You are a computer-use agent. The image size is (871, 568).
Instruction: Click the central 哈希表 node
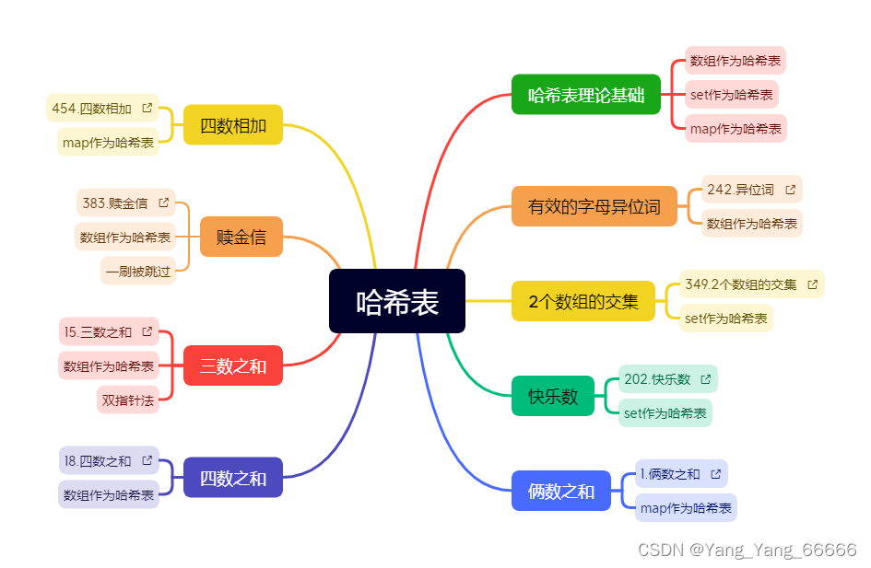[397, 301]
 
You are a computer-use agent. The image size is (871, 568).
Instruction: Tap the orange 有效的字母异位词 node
[594, 206]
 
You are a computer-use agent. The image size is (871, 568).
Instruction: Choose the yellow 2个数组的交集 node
[583, 301]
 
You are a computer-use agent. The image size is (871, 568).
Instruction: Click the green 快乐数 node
[553, 396]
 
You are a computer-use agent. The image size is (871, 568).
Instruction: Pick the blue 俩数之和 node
[560, 491]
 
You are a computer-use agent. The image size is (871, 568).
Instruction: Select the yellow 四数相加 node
[233, 125]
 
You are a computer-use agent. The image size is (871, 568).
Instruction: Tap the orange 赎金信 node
[241, 237]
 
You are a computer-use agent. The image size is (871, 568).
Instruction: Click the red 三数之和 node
[233, 365]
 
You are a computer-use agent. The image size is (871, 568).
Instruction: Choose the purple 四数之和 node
[233, 478]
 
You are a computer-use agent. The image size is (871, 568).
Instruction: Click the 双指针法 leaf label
[128, 400]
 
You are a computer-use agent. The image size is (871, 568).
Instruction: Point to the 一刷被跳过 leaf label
[138, 272]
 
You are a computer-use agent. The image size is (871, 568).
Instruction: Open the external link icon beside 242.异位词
[790, 190]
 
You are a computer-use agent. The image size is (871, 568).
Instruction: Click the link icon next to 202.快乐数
[706, 379]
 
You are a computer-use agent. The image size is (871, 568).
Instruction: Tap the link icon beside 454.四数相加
[147, 108]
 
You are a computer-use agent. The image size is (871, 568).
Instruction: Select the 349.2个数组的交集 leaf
[741, 284]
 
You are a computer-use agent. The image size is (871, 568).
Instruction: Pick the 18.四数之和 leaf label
[98, 460]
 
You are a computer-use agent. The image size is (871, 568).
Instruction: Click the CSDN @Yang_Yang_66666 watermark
[747, 550]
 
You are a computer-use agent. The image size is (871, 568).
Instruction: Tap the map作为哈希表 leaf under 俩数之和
[686, 508]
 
